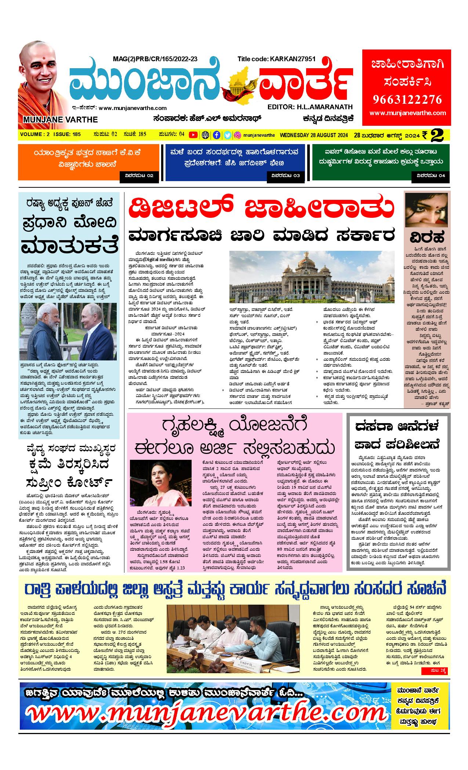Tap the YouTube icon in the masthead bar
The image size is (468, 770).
tap(193, 135)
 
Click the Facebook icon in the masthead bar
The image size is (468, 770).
tap(217, 135)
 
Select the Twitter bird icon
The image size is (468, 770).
tap(227, 135)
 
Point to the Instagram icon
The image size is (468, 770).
tap(237, 135)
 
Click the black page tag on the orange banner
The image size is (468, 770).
tap(139, 176)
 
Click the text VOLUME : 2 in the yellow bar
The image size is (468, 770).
tap(35, 134)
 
